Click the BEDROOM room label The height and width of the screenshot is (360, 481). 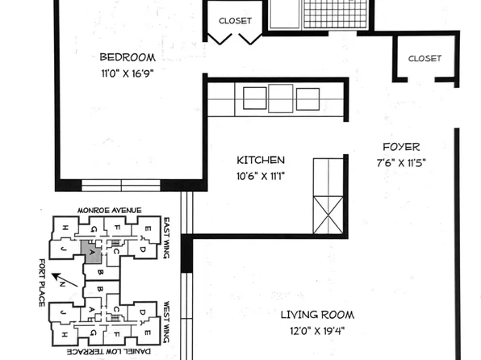(x=128, y=57)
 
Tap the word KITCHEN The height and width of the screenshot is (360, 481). (x=260, y=160)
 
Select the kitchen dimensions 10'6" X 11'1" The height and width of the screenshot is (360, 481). (x=260, y=175)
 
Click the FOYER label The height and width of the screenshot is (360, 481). (x=401, y=147)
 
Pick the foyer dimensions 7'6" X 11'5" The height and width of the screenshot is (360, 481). (x=401, y=161)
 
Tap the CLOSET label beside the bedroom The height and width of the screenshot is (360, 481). (x=236, y=21)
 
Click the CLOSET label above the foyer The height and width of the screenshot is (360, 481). (x=425, y=58)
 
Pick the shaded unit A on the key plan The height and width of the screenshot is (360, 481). (x=90, y=251)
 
